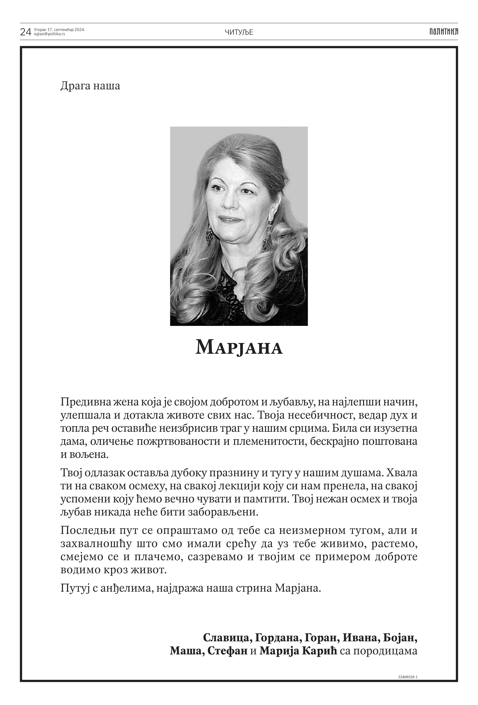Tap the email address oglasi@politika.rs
pos(49,34)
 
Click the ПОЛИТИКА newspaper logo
pos(443,32)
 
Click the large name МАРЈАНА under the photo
pos(239,348)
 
